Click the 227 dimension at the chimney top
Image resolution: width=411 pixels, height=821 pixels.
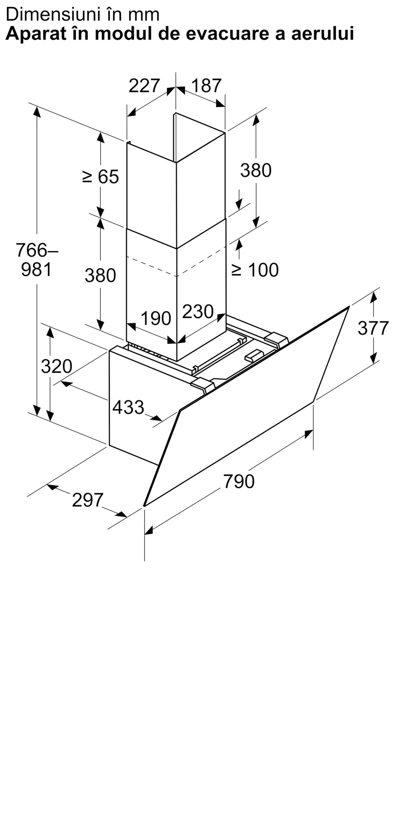(144, 86)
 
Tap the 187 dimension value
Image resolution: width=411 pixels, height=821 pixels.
(206, 86)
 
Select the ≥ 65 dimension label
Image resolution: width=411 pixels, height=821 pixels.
(101, 177)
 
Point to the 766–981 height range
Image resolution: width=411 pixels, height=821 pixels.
(37, 259)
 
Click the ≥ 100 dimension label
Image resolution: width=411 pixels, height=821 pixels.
(255, 270)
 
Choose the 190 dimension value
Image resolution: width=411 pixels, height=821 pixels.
(156, 319)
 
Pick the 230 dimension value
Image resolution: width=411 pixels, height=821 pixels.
(198, 312)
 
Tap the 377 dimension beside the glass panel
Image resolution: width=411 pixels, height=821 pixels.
(373, 328)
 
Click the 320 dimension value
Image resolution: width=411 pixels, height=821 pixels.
(57, 366)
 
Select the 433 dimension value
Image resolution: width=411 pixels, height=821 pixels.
(129, 407)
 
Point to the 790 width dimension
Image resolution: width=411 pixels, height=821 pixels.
(239, 481)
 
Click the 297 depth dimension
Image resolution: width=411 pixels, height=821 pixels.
(88, 500)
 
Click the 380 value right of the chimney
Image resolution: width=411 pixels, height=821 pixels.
(256, 170)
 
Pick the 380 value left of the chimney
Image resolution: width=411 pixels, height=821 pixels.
(100, 275)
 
